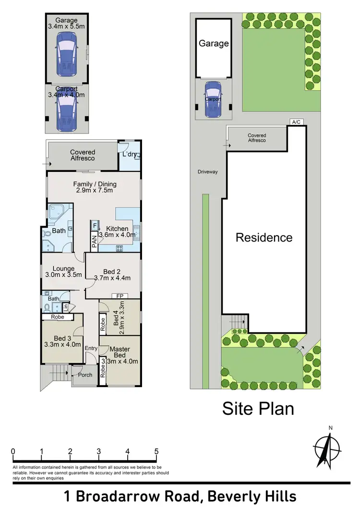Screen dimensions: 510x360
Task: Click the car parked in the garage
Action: click(x=66, y=57)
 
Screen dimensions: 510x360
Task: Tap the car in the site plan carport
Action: click(x=213, y=100)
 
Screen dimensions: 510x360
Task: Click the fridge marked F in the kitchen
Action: click(x=95, y=225)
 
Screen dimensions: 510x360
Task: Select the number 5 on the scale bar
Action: click(x=156, y=451)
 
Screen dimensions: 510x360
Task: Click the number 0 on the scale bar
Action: click(x=12, y=451)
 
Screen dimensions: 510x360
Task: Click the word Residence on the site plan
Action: click(x=264, y=237)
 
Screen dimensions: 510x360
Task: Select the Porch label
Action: click(x=85, y=375)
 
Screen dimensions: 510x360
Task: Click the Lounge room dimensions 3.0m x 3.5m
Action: click(x=63, y=275)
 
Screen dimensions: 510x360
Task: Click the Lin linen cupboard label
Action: click(x=72, y=307)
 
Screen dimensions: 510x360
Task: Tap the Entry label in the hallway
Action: click(x=91, y=348)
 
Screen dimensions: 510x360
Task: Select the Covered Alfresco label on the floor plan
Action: click(x=83, y=155)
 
